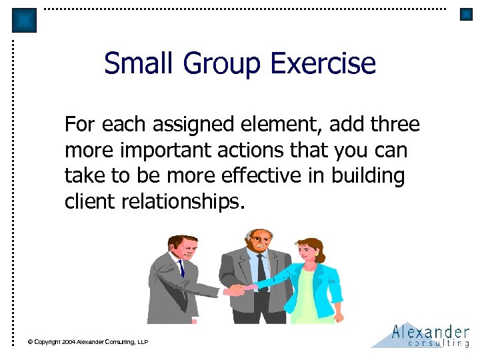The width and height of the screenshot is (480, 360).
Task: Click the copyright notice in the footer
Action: (x=87, y=342)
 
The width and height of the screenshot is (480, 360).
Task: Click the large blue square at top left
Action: (x=25, y=20)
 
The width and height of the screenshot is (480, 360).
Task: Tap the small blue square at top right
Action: (x=466, y=14)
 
